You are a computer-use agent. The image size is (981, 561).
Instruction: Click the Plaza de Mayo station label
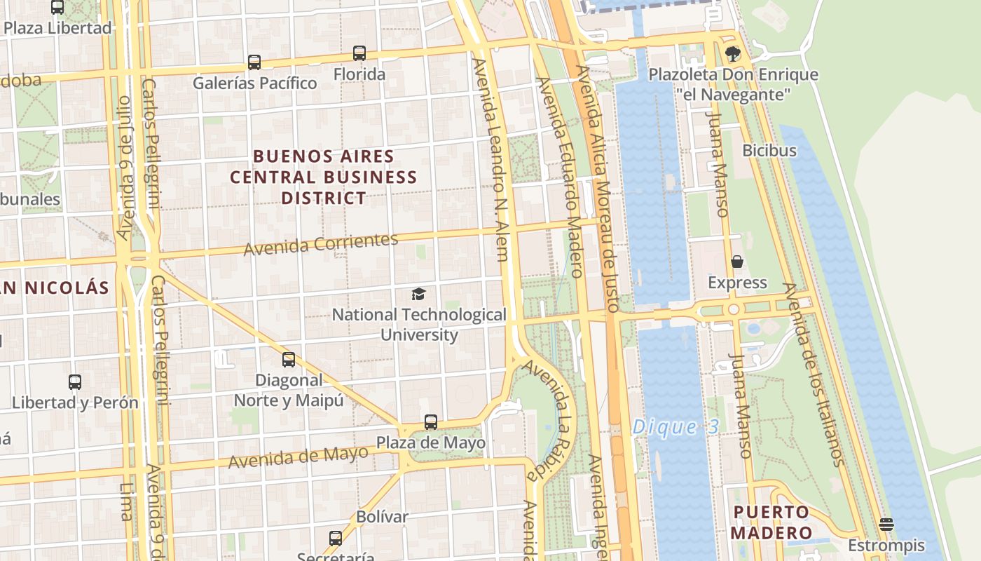coord(431,443)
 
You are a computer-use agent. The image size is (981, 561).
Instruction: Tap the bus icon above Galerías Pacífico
coord(254,62)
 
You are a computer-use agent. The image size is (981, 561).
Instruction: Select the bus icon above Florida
coord(359,53)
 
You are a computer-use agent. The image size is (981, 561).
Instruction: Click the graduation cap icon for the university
coord(418,294)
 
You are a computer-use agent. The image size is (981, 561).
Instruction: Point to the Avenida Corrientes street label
coord(321,243)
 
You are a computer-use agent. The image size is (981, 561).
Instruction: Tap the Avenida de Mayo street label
coord(298,457)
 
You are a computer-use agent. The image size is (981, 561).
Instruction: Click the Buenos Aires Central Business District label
coord(324,177)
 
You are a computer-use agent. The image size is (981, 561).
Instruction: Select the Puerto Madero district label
coord(771,522)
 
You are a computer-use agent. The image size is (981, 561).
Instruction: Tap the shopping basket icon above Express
coord(737,262)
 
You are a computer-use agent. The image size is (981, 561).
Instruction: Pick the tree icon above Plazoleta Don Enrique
coord(733,53)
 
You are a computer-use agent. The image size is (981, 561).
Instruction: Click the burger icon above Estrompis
coord(886,525)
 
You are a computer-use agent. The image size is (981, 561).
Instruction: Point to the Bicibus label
coord(769,150)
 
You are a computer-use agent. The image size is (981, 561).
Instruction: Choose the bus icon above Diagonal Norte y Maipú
coord(289,360)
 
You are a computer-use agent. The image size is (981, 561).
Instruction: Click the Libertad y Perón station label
coord(75,403)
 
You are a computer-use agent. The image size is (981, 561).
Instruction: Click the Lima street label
coord(126,501)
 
